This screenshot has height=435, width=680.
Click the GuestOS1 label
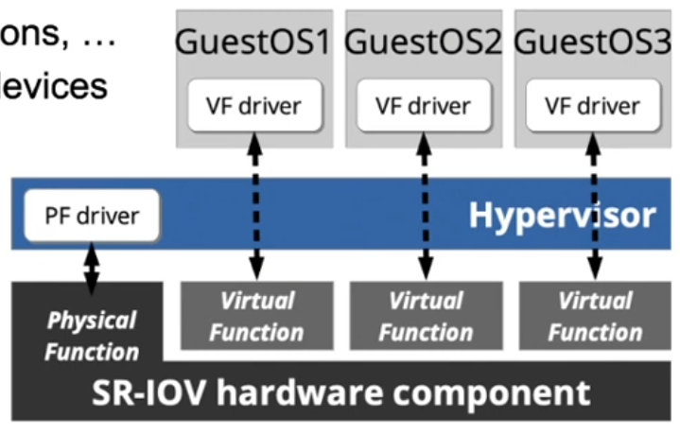coord(253,43)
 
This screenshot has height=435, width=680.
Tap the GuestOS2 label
coord(423,43)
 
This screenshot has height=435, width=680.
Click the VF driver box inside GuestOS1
coord(253,105)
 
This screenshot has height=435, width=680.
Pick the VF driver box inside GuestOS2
coord(423,105)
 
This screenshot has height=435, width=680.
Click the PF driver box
coord(92,215)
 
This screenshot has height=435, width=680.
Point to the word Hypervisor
coord(562,215)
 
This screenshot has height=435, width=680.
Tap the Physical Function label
coord(92,336)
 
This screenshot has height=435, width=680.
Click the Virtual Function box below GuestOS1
coord(256,316)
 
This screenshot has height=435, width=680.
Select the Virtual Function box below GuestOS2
coord(426,316)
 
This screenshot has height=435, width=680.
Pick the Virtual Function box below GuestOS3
coord(595,316)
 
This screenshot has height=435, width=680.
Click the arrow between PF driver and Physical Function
coord(91,267)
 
